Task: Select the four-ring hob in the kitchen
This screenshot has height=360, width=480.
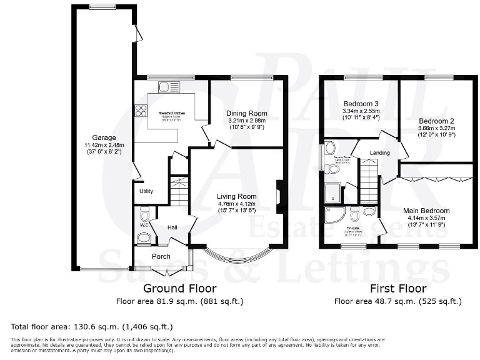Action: pyautogui.click(x=141, y=111)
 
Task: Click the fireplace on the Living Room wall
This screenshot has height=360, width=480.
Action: pyautogui.click(x=280, y=194)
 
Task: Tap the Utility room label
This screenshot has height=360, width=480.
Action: pyautogui.click(x=146, y=191)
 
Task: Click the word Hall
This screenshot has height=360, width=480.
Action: pyautogui.click(x=174, y=227)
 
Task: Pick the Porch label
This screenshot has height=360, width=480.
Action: pyautogui.click(x=161, y=256)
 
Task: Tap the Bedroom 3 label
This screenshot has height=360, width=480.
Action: pyautogui.click(x=361, y=104)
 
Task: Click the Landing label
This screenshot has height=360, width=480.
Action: pyautogui.click(x=379, y=152)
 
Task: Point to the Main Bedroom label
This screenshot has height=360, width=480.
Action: pyautogui.click(x=427, y=211)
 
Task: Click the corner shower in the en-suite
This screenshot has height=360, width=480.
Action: pyautogui.click(x=334, y=215)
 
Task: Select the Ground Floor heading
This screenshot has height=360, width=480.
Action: pyautogui.click(x=180, y=288)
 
